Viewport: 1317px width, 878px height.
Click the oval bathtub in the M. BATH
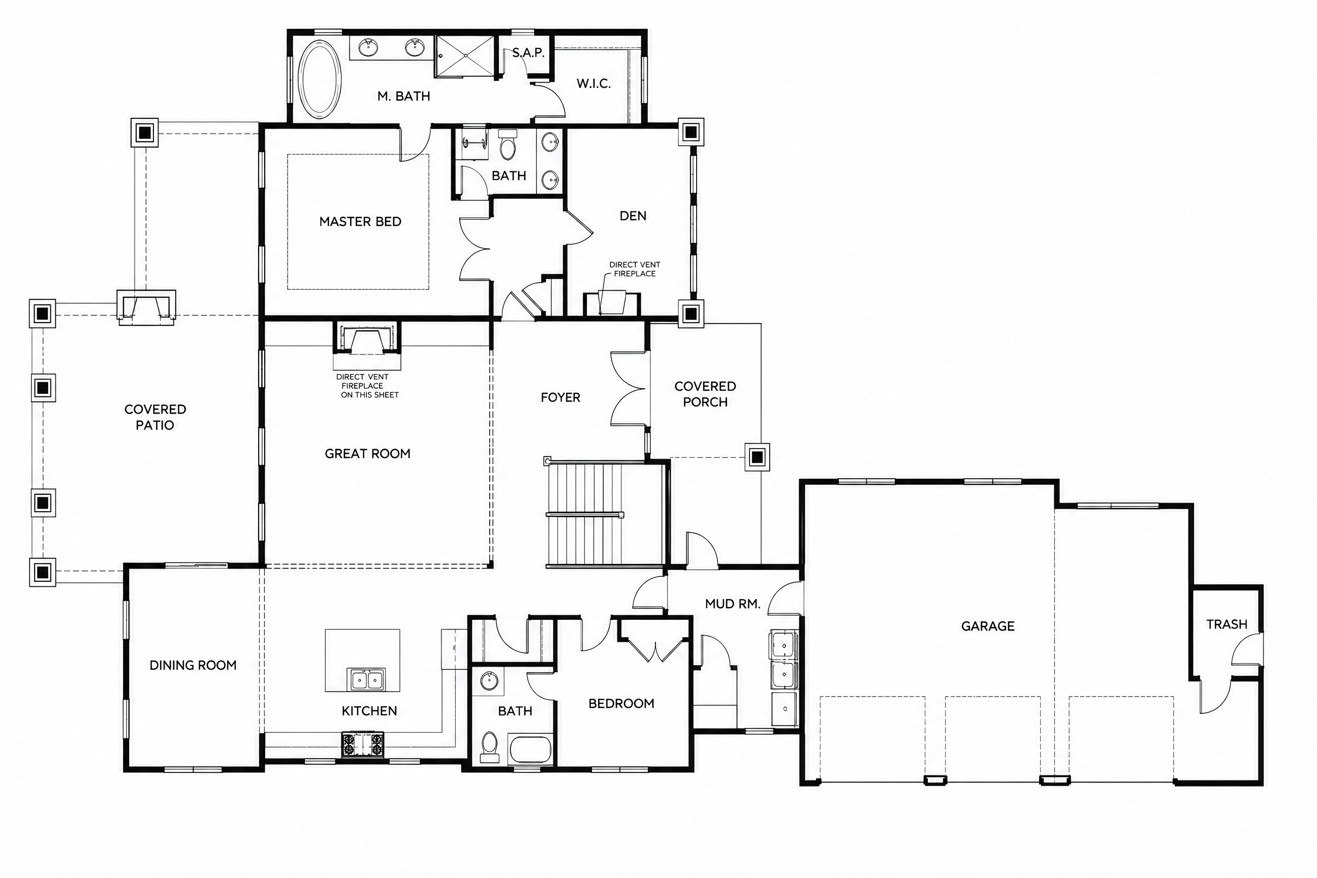pos(319,79)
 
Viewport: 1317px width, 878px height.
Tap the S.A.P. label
pos(528,53)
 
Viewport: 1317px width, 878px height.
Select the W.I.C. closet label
pos(593,84)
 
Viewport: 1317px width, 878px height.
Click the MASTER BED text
pos(360,222)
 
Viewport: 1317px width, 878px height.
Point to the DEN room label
pos(633,216)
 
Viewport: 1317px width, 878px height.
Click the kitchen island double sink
pos(367,679)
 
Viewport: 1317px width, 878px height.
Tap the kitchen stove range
pos(363,745)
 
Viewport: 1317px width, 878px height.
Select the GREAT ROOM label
pos(367,454)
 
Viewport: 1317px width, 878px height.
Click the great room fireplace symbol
pos(367,337)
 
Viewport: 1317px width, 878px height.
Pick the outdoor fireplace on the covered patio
pos(146,307)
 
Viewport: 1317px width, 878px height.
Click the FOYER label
pos(560,397)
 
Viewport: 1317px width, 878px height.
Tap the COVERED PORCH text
pos(705,394)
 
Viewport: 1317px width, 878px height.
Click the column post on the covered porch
pos(757,457)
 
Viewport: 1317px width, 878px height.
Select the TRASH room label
pos(1226,624)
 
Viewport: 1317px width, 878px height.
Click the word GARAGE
pos(988,626)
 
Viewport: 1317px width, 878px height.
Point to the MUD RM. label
pos(732,604)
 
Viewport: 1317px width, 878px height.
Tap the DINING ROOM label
pos(193,665)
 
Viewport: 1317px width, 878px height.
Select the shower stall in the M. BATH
pos(465,56)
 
